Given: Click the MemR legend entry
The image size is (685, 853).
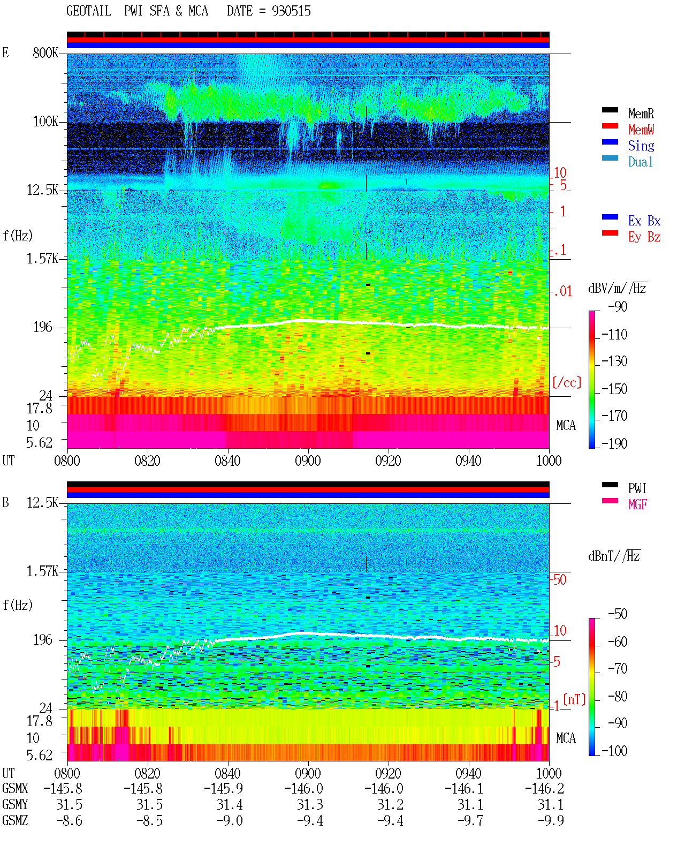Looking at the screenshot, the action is click(x=641, y=114).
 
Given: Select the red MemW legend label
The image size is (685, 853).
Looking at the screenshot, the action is click(x=641, y=130).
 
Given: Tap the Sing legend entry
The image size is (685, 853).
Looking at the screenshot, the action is click(x=641, y=146).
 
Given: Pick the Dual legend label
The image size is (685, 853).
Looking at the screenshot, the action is click(x=640, y=162).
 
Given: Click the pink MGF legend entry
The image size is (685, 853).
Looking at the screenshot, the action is click(x=637, y=504).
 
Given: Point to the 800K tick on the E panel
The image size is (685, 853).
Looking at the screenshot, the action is click(x=45, y=52).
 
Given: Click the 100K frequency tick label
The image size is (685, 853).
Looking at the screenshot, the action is click(x=45, y=122).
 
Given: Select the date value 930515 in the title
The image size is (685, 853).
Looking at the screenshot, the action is click(x=291, y=11).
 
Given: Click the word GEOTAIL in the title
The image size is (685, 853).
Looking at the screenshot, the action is click(x=89, y=11).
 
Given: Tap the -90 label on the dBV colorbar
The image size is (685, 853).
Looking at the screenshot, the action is click(x=618, y=306).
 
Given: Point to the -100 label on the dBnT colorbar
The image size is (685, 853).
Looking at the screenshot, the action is click(x=614, y=751).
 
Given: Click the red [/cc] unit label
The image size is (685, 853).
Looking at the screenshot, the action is click(x=567, y=382).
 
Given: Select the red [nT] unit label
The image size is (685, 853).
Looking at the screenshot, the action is click(x=574, y=699).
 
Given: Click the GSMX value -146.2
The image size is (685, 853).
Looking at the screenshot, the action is click(x=544, y=789).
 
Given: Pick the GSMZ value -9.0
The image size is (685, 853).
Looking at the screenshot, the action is click(x=230, y=820).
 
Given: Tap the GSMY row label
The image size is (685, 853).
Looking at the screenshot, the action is click(x=15, y=805).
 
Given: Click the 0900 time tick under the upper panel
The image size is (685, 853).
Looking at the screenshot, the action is click(x=308, y=461).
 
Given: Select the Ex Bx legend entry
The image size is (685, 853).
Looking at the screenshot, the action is click(x=644, y=221).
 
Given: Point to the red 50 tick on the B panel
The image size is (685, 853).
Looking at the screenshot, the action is click(x=560, y=580).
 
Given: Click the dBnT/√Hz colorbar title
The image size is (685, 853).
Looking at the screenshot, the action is click(x=614, y=556).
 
